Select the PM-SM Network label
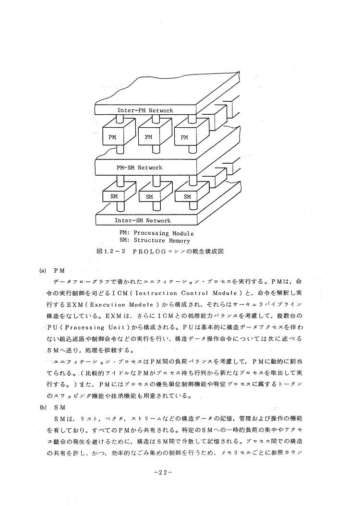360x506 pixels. point(139,168)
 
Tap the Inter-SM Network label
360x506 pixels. point(143,221)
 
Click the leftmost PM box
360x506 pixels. point(112,137)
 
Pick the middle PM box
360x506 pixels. point(148,137)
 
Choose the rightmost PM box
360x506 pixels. point(184,137)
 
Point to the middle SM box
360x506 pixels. point(149,196)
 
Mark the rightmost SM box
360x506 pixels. point(187,196)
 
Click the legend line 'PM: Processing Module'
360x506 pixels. point(156,233)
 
